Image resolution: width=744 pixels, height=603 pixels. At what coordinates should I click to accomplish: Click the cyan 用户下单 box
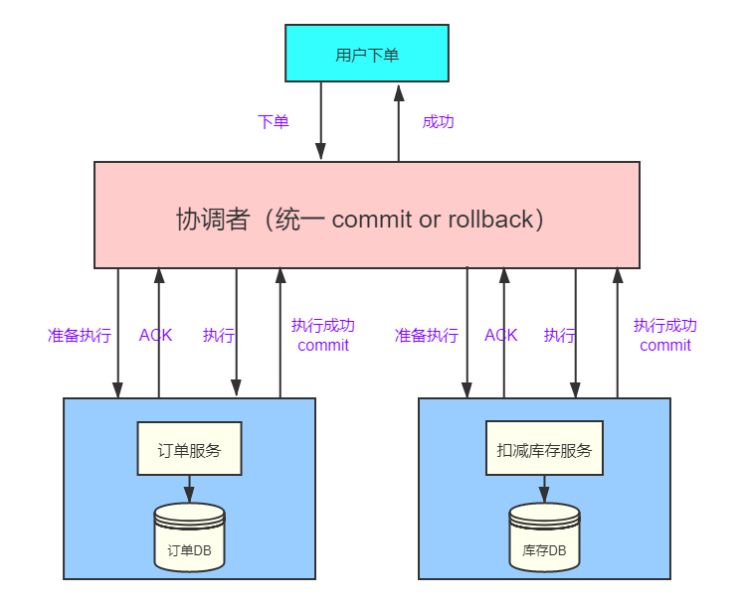coord(367,54)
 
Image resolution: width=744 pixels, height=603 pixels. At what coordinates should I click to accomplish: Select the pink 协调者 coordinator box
coord(366,216)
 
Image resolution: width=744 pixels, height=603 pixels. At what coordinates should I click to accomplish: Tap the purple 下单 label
coord(274,122)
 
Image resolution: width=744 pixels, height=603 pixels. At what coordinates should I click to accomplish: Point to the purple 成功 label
coord(438,122)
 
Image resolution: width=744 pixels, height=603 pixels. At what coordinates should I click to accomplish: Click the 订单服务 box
coord(189,450)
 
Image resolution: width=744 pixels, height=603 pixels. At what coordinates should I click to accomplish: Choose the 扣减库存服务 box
coord(544,450)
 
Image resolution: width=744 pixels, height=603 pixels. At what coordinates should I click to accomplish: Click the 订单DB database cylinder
coord(189,537)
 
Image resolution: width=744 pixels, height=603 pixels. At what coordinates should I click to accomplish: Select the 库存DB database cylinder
coord(544,537)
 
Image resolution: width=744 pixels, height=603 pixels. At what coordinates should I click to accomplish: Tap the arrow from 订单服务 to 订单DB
coord(189,489)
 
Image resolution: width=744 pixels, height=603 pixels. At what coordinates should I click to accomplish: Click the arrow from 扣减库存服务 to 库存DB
coord(544,489)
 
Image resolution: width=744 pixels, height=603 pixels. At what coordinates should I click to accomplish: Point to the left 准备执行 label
coord(80,336)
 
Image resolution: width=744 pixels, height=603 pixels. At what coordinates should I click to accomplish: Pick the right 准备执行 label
coord(427,336)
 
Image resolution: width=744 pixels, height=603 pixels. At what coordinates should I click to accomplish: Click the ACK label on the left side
coord(155,336)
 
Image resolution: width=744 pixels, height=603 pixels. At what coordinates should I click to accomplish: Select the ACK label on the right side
coord(501,336)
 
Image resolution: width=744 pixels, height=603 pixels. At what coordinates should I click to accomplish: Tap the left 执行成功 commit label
coord(323,336)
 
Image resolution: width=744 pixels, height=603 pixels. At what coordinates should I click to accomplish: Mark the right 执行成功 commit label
coord(665,336)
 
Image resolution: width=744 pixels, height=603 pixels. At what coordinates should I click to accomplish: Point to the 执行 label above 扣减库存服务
coord(559,336)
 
